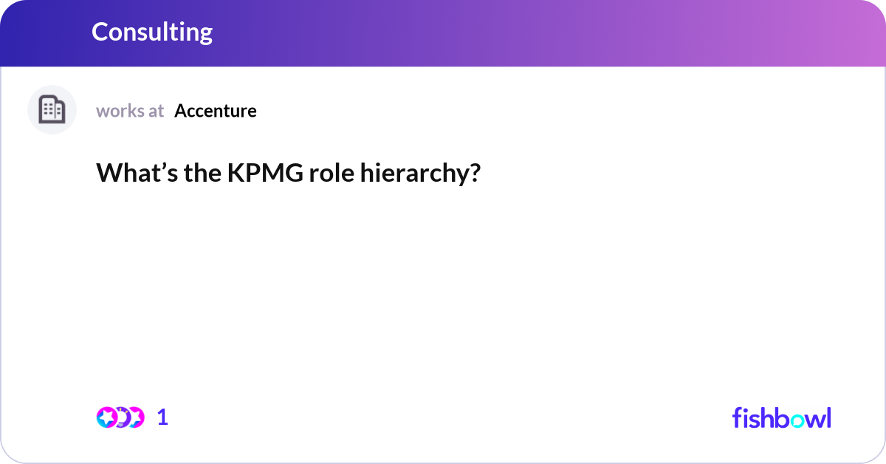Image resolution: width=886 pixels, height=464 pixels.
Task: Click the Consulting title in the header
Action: point(152,32)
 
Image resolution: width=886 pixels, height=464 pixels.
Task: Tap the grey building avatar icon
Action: point(52,110)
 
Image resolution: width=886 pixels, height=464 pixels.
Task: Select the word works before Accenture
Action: point(120,111)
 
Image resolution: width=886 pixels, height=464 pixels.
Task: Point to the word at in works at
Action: point(156,111)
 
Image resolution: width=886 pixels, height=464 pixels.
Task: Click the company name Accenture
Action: point(216,111)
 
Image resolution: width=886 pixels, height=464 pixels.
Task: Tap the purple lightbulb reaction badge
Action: point(121,417)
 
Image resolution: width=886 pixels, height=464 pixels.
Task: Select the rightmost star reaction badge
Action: point(134,417)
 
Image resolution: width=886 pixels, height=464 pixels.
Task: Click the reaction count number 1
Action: point(162,417)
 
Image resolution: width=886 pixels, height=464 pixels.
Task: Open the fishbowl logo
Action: point(781,417)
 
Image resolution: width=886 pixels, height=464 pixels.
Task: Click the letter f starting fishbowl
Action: point(738,417)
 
